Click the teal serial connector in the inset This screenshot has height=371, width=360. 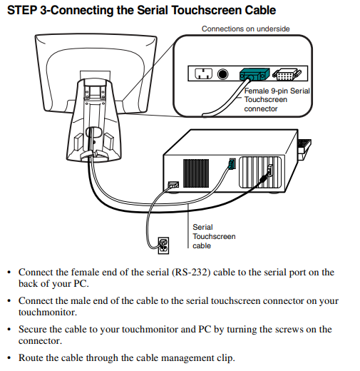pyautogui.click(x=254, y=74)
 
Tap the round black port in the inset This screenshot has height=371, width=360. pyautogui.click(x=222, y=74)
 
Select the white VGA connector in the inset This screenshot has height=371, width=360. pyautogui.click(x=287, y=74)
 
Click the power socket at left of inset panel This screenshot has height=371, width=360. pyautogui.click(x=203, y=73)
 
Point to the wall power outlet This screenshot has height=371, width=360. pyautogui.click(x=163, y=245)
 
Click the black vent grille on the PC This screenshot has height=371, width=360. pyautogui.click(x=196, y=173)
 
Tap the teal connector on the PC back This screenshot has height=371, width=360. pyautogui.click(x=232, y=164)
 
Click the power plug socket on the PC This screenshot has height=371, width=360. pyautogui.click(x=173, y=185)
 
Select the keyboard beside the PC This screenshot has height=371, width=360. pyautogui.click(x=304, y=148)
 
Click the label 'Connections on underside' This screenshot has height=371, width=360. pyautogui.click(x=245, y=29)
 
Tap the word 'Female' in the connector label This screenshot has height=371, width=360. pyautogui.click(x=257, y=91)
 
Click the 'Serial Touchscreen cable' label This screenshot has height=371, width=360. pyautogui.click(x=214, y=236)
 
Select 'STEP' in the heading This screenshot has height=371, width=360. pyautogui.click(x=22, y=11)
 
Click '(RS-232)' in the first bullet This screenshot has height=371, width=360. pyautogui.click(x=191, y=273)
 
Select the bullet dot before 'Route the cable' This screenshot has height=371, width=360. pyautogui.click(x=9, y=358)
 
